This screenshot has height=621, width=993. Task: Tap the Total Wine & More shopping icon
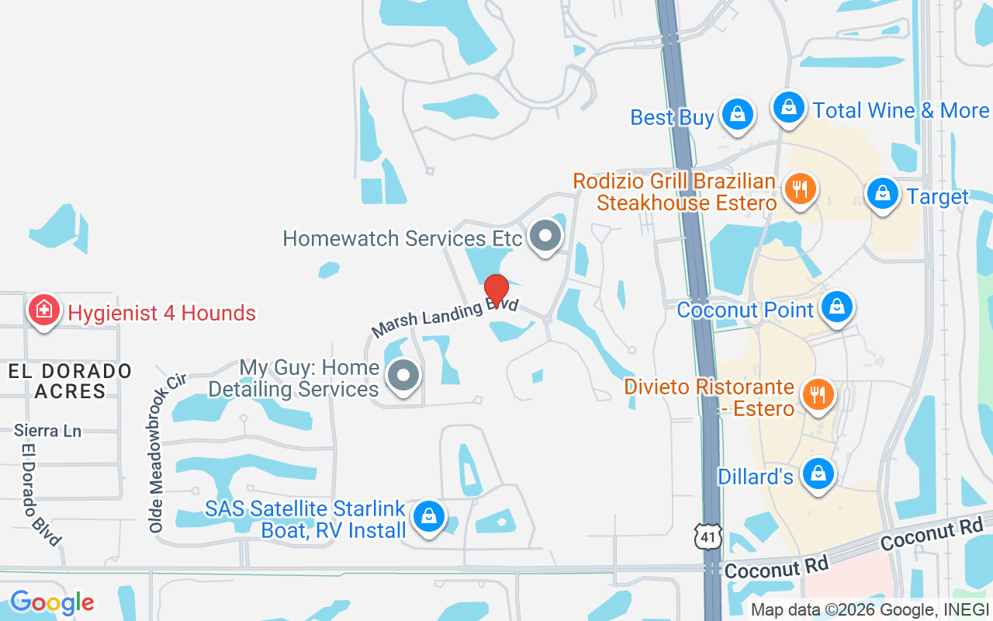[789, 107]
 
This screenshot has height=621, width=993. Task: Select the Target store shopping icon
[882, 194]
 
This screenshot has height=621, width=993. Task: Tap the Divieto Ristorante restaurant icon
[817, 394]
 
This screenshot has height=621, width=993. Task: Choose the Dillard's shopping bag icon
[817, 473]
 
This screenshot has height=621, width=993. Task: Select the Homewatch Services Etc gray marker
[545, 235]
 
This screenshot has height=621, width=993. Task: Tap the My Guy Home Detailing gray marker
[403, 376]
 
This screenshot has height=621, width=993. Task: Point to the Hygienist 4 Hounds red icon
[44, 310]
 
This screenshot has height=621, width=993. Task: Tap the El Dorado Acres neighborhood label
[70, 381]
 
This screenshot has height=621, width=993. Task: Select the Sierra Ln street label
[47, 431]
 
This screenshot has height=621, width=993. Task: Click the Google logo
[52, 602]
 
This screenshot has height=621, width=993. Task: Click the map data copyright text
[870, 609]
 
